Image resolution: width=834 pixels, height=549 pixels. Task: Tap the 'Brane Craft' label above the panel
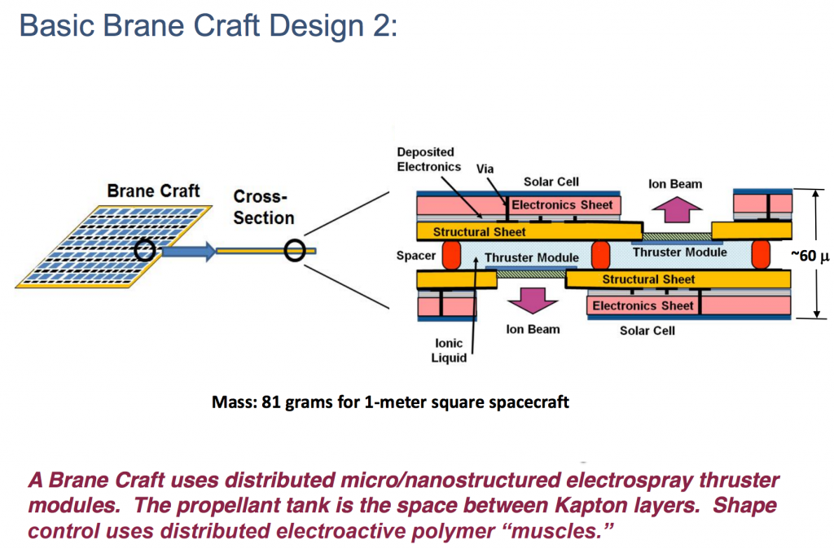point(153,191)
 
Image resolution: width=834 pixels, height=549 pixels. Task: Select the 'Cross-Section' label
point(263,207)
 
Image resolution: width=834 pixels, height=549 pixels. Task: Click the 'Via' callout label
point(485,168)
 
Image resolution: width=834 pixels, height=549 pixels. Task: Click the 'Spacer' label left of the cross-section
point(415,256)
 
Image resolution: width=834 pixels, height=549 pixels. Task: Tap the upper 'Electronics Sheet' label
point(562,204)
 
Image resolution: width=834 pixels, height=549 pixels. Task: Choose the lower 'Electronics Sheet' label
point(643,305)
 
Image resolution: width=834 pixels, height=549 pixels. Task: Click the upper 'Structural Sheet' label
point(479,231)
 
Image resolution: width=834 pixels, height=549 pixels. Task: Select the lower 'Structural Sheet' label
point(648,279)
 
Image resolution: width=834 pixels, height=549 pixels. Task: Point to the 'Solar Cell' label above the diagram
point(551,182)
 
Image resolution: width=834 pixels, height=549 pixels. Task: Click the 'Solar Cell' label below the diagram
point(647,330)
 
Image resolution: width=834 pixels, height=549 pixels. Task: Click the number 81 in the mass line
point(273,402)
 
